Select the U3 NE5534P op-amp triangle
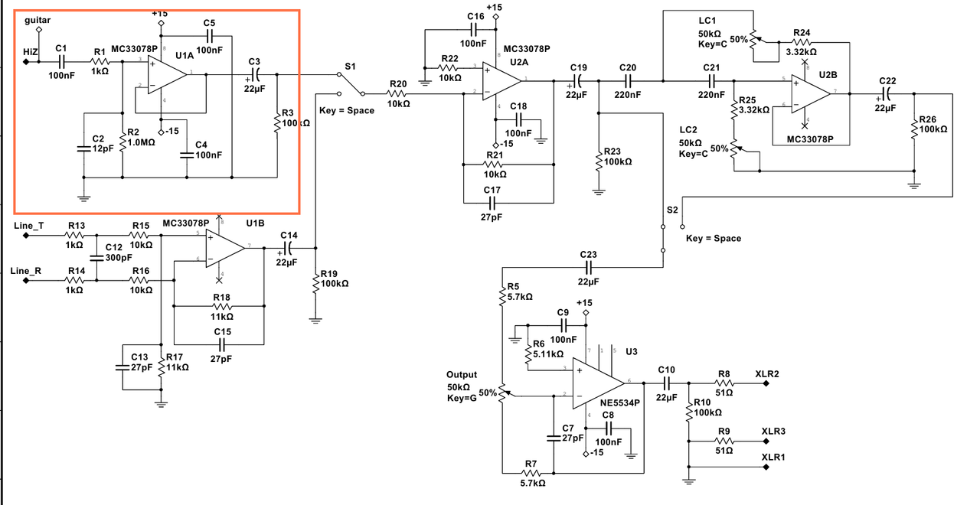point(601,382)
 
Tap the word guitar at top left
point(38,18)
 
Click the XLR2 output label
point(766,374)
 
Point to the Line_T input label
point(29,226)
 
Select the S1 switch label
point(350,67)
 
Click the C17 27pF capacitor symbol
point(492,203)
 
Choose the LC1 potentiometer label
point(708,20)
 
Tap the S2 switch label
point(672,210)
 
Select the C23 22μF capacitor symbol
point(588,267)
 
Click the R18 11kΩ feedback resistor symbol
point(221,305)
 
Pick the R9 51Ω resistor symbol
point(724,441)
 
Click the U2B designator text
point(828,74)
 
